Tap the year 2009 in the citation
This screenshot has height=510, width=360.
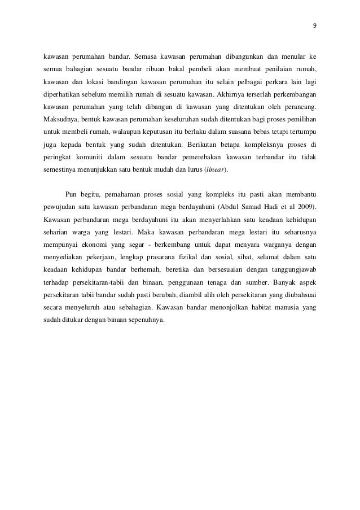pyautogui.click(x=304, y=206)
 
